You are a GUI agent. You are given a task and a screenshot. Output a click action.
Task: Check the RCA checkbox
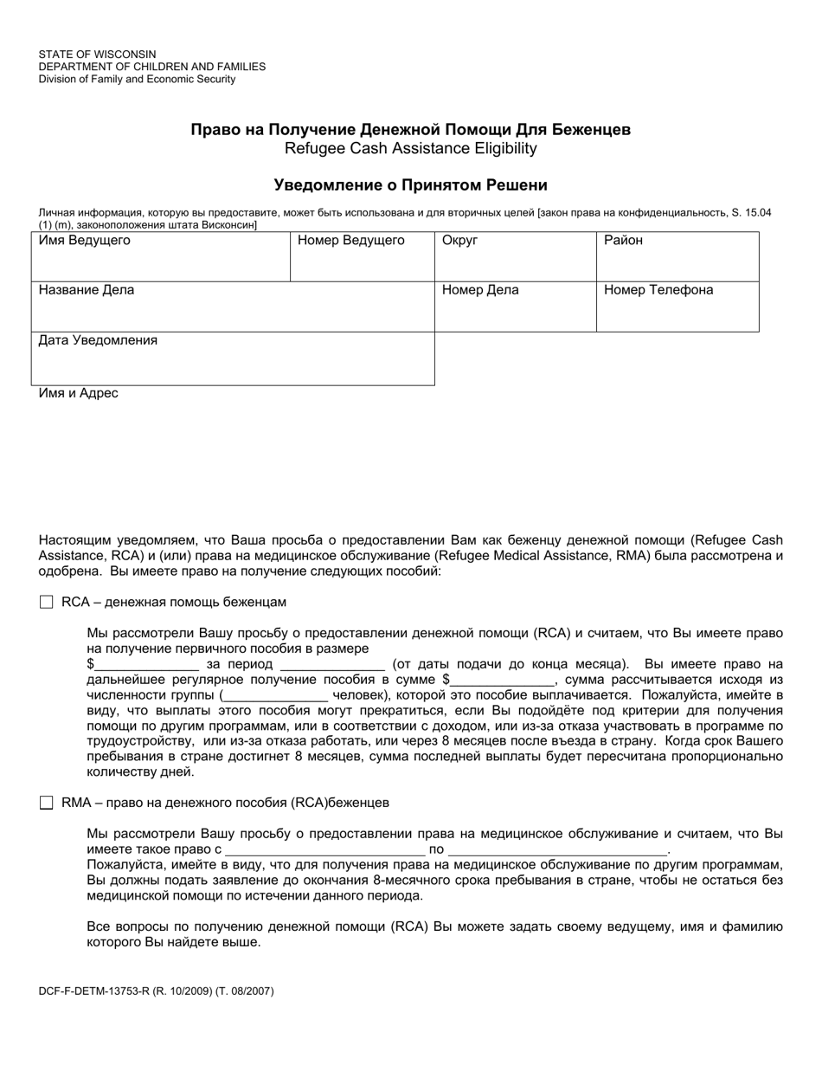[47, 602]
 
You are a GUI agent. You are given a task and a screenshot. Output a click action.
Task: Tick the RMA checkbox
[47, 803]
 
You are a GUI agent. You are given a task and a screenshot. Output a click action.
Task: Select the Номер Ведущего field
[362, 263]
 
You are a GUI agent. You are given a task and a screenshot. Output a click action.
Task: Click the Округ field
[515, 263]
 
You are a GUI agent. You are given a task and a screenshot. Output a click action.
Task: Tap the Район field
[678, 263]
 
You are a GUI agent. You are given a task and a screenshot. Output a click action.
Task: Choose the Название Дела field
[233, 313]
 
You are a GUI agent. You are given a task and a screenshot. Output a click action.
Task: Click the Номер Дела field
[515, 313]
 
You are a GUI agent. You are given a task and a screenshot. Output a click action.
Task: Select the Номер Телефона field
[678, 313]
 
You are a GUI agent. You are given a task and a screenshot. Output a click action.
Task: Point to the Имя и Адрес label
[79, 393]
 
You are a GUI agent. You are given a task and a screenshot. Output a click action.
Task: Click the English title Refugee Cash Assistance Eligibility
[411, 148]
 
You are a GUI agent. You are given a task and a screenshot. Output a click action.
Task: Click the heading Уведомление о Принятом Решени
[411, 184]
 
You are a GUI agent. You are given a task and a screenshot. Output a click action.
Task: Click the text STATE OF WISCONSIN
[97, 55]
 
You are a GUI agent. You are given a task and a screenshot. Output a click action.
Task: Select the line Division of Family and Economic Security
[137, 79]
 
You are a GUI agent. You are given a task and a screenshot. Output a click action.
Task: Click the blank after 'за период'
[333, 665]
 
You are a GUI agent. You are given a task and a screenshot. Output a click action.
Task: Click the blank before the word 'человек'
[275, 695]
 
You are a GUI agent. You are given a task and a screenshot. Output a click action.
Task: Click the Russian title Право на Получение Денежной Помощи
[411, 129]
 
